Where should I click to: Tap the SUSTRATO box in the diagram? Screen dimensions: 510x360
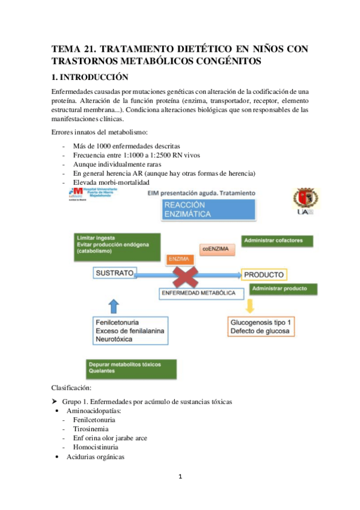[114, 274]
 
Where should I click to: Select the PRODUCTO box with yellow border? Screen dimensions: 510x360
[264, 275]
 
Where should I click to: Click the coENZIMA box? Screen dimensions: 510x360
[215, 248]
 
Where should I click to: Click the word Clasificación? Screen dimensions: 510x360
[72, 389]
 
